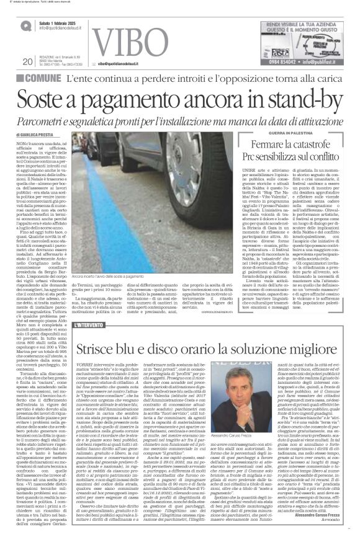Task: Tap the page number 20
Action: tap(27, 61)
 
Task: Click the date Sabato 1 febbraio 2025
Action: tap(53, 24)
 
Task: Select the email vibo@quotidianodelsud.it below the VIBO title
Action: tap(123, 64)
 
